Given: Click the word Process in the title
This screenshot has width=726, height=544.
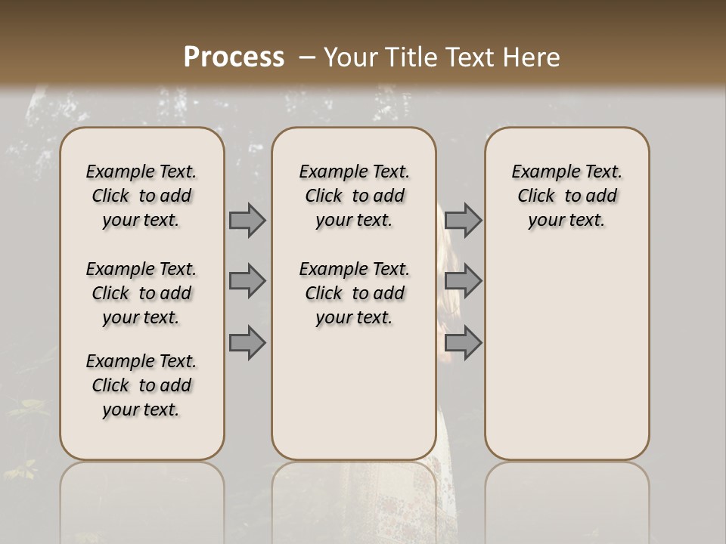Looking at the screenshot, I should [x=234, y=57].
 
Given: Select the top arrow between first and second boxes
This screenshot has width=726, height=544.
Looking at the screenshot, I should [x=247, y=220].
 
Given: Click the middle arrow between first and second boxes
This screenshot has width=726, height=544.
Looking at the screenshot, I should [x=247, y=281].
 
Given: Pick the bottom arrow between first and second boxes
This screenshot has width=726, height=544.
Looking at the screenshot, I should [x=247, y=343].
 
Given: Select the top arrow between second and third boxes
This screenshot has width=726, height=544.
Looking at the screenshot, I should [x=463, y=220].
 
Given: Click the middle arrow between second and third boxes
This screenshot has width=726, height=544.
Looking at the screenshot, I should [x=463, y=281].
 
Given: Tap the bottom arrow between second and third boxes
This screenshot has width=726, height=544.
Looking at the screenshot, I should [x=463, y=343].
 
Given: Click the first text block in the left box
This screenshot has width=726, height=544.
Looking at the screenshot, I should [x=141, y=196].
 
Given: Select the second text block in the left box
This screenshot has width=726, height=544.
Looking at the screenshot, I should [x=141, y=293].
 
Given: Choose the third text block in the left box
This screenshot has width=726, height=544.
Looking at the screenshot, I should [x=141, y=385].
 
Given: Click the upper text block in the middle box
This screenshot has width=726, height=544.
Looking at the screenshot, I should [x=354, y=196].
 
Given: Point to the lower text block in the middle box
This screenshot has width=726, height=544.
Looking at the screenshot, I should [x=354, y=293].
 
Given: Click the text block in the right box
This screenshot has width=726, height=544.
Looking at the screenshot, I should [x=566, y=196].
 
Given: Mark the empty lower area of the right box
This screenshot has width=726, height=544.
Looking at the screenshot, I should [x=566, y=348].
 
